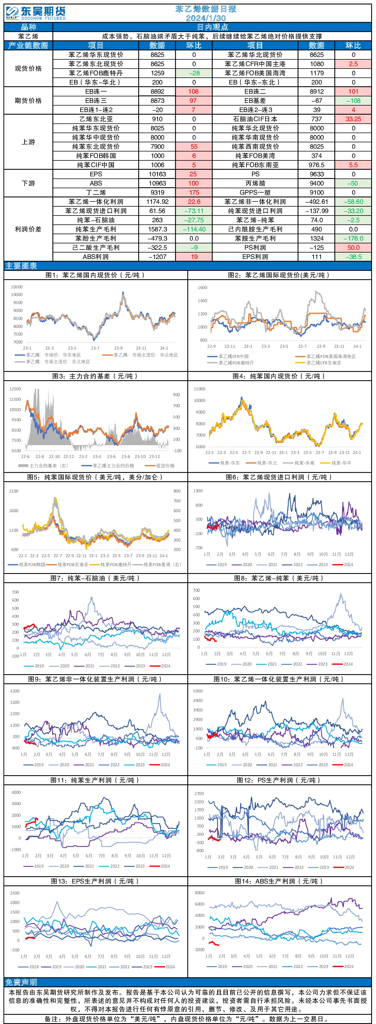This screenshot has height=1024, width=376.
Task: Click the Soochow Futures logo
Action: pos(36,13)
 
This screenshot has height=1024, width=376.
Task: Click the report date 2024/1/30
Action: pos(206,18)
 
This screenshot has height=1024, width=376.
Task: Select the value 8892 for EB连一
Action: pos(157,92)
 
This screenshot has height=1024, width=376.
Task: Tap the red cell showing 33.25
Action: pos(353,119)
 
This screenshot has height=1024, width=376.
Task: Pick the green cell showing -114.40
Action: pos(194,229)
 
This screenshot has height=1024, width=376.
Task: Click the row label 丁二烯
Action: pos(96,192)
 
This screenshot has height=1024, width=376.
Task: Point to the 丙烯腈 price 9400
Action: pos(317,183)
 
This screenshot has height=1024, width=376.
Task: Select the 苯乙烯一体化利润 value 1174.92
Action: pos(157,201)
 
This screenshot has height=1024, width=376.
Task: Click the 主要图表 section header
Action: pos(21,265)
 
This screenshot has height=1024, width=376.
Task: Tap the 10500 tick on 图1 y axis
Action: pos(17,287)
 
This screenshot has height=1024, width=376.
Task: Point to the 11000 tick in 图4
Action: pos(200,389)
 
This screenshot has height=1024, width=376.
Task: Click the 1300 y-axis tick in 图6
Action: pos(198,491)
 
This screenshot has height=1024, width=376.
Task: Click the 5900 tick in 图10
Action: pos(198,691)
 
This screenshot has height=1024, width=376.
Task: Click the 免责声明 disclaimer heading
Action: pos(21,982)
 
